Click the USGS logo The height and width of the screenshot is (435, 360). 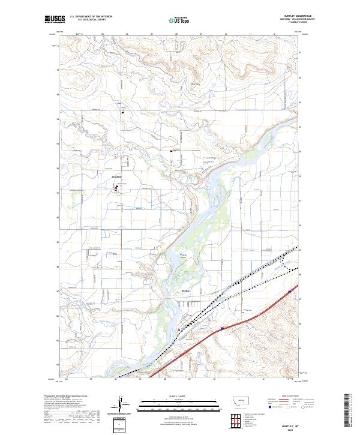point(53,19)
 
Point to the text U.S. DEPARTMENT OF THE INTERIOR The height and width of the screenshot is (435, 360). point(91,17)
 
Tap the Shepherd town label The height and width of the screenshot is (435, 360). point(117,178)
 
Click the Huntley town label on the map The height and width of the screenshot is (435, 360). point(185,289)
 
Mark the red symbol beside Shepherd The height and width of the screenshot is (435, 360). point(117,188)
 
